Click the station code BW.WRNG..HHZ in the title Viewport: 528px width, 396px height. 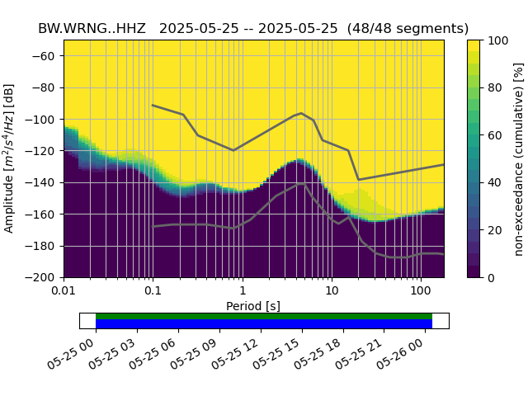click(92, 28)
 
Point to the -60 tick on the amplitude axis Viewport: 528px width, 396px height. click(46, 56)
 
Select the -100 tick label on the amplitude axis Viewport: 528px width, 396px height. click(44, 120)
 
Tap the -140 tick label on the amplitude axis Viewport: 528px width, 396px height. click(44, 182)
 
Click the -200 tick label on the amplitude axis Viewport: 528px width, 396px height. click(44, 278)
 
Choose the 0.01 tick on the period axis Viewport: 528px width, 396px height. click(64, 291)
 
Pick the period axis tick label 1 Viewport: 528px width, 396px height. click(242, 291)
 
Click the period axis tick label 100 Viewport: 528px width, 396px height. click(421, 291)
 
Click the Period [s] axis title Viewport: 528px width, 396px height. click(253, 306)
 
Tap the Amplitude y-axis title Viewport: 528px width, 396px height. click(10, 158)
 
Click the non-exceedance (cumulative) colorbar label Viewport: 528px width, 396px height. click(519, 158)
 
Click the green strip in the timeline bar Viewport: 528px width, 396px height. click(264, 316)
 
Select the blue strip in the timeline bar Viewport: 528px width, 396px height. click(264, 324)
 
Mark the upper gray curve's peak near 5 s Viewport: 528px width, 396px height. click(301, 113)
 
